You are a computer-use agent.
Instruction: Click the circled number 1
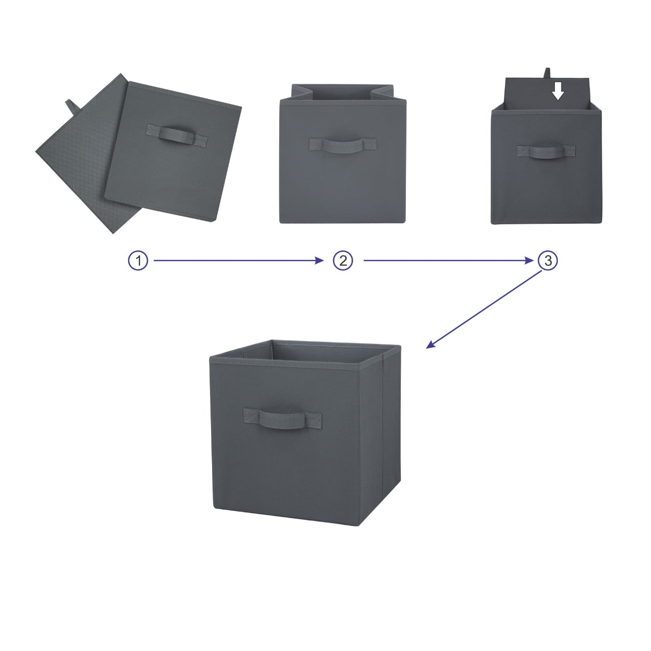point(138,261)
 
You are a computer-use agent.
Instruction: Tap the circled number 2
point(343,261)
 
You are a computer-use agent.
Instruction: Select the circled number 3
point(548,261)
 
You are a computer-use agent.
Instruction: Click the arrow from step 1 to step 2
point(239,260)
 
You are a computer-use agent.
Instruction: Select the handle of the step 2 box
point(343,145)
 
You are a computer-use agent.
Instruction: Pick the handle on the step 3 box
point(546,152)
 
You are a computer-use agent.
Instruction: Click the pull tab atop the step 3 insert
point(547,73)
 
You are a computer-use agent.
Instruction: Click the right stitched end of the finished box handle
point(313,421)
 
